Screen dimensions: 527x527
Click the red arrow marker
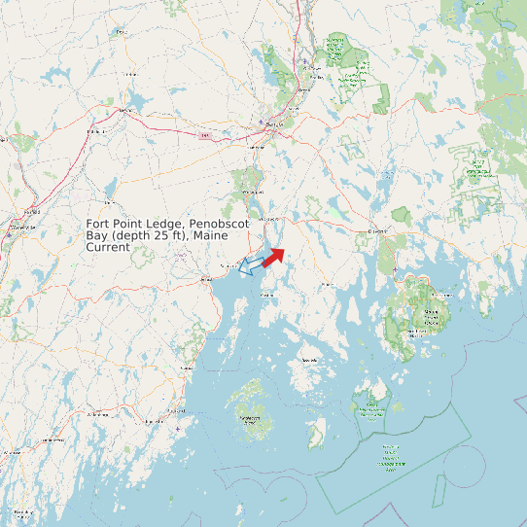click(x=273, y=255)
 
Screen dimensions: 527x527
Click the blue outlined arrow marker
click(x=251, y=263)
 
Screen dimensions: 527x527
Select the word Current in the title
click(x=107, y=248)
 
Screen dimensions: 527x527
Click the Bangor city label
click(x=273, y=126)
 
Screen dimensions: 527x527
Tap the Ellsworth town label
click(x=377, y=230)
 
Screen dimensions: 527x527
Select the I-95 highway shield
click(x=204, y=135)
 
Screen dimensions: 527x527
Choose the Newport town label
click(x=123, y=111)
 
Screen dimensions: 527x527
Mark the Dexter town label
click(x=122, y=31)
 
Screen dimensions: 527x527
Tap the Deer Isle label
click(x=310, y=360)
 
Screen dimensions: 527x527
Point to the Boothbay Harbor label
click(x=18, y=510)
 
